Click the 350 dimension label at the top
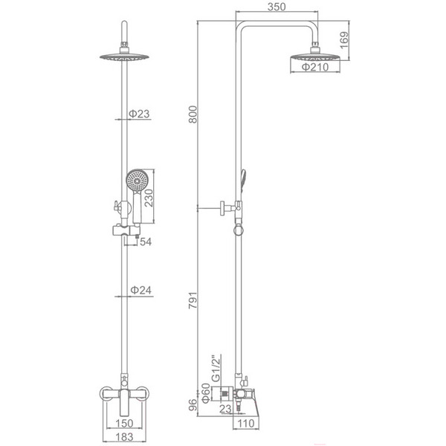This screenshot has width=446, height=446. click(277, 7)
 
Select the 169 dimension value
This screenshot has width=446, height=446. click(344, 40)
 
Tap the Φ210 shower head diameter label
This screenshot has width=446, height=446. click(315, 67)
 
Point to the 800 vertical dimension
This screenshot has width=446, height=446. click(193, 114)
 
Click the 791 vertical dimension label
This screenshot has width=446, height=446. click(193, 300)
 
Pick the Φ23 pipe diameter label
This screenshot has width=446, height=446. click(139, 114)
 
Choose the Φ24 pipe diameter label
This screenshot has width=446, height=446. click(140, 290)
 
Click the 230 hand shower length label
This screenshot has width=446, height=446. click(149, 198)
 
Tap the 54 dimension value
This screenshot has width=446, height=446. click(146, 242)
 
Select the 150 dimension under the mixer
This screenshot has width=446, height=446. click(124, 423)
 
